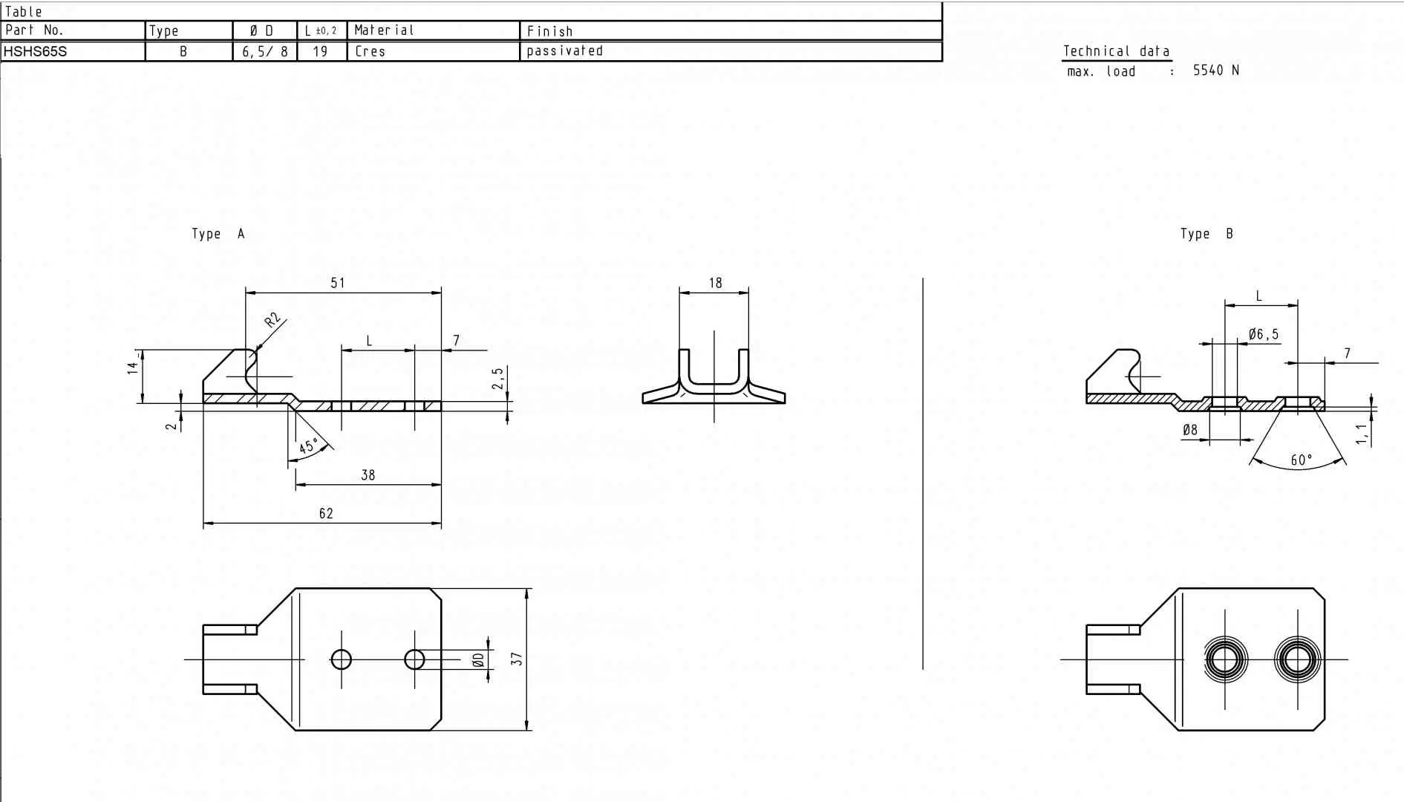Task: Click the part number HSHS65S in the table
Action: click(x=35, y=51)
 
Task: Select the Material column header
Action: click(x=384, y=30)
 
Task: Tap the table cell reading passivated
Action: click(x=564, y=51)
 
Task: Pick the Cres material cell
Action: click(x=370, y=51)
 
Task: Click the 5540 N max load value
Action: click(x=1215, y=71)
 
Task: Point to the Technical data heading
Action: click(x=1116, y=51)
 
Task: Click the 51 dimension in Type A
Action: click(x=338, y=282)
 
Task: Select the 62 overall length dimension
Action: click(x=326, y=513)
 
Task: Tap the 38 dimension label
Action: click(x=368, y=475)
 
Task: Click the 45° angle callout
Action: click(x=309, y=446)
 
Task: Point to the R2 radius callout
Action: click(x=273, y=320)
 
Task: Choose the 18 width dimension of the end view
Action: click(x=715, y=282)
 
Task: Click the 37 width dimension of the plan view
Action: click(x=517, y=659)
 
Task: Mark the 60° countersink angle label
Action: click(x=1302, y=460)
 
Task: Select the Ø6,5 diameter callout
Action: click(x=1264, y=334)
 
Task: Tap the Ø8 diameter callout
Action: click(x=1189, y=429)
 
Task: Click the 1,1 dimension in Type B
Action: click(x=1362, y=434)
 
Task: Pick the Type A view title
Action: click(x=218, y=234)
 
